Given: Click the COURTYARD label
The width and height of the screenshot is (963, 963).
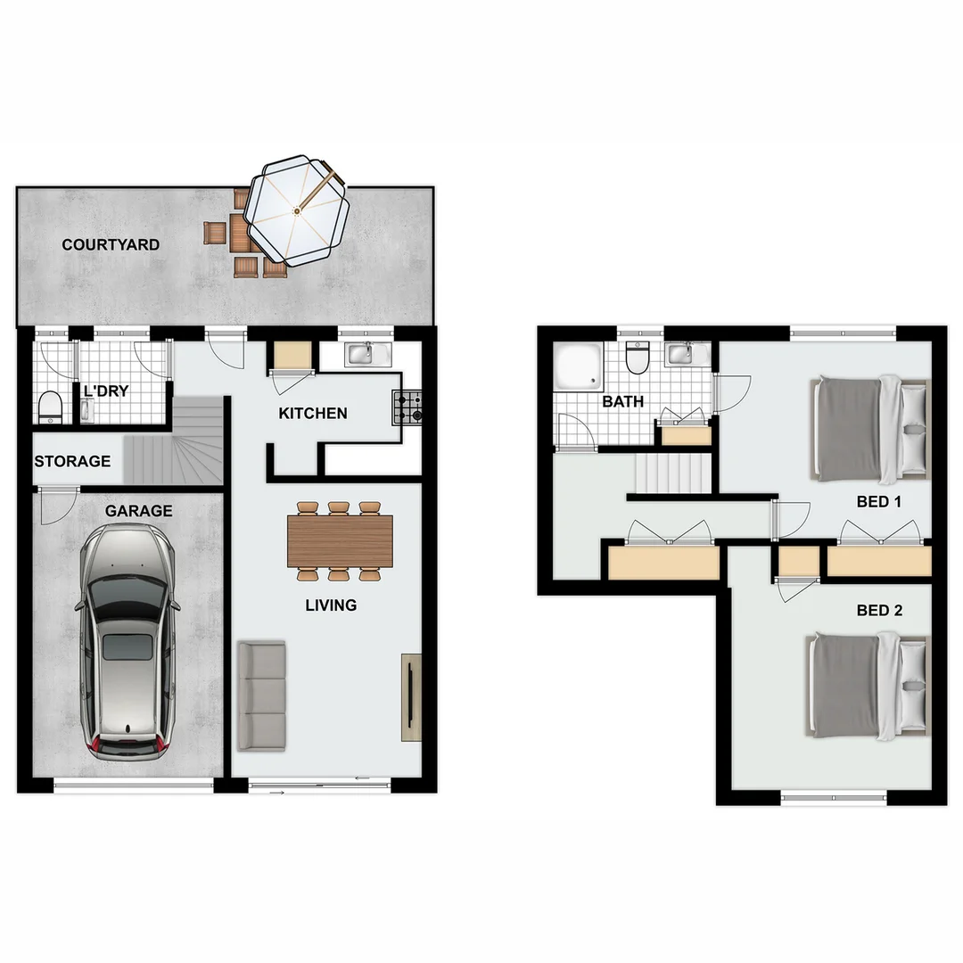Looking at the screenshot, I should point(111,244).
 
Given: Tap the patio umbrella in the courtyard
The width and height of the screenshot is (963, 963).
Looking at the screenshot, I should point(297,210).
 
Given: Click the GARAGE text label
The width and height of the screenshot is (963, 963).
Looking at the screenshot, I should point(138,511).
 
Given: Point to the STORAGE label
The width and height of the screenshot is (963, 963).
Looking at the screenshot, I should point(72,461).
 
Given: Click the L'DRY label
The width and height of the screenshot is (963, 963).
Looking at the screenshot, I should point(107,391).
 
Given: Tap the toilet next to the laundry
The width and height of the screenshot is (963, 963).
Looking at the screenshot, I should point(51,407).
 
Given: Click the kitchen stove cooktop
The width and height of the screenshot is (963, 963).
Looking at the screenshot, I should point(410,408).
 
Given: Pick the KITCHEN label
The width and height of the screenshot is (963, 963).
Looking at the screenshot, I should point(312,414).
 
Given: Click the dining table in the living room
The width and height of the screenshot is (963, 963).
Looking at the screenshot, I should point(339,541).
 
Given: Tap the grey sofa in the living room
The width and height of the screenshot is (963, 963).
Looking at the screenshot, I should point(261,695).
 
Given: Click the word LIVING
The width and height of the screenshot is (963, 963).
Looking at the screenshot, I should point(331,605).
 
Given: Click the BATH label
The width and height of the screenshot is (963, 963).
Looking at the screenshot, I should point(622,402).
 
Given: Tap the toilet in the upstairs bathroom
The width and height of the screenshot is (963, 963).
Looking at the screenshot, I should point(637,358).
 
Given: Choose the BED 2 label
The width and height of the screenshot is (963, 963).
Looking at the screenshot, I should point(879,611).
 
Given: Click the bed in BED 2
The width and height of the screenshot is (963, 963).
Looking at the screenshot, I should point(869,686).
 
